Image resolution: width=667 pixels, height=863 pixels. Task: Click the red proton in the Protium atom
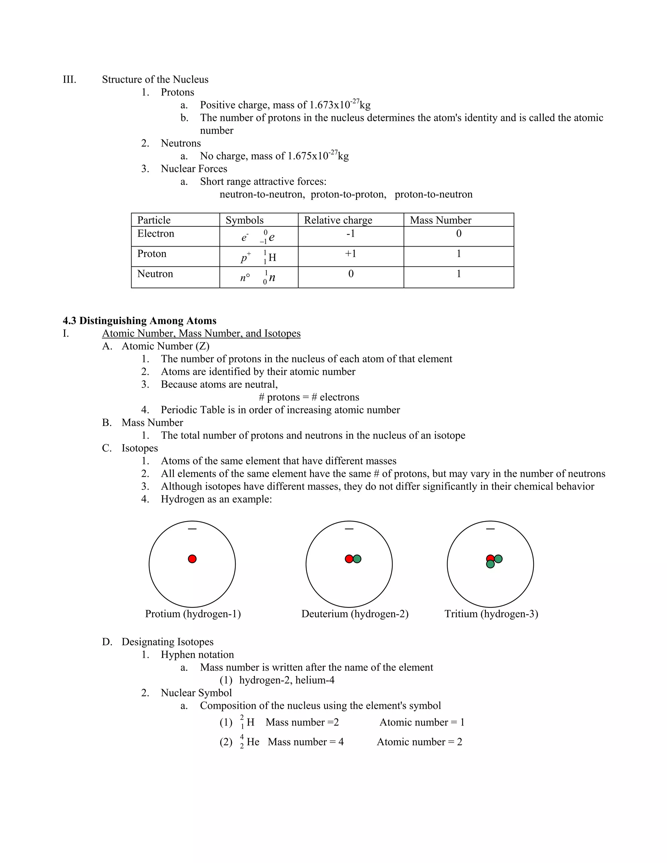(x=192, y=559)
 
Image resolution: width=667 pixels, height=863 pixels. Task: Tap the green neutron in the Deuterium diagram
(x=357, y=559)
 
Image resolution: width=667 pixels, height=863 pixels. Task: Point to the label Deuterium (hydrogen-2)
(x=354, y=614)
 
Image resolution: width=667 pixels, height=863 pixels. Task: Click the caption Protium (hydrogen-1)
(x=193, y=614)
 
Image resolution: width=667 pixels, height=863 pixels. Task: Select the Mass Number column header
(x=440, y=220)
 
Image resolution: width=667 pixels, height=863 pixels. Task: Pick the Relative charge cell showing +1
(x=350, y=254)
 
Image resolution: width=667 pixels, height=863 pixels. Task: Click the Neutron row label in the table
(x=155, y=274)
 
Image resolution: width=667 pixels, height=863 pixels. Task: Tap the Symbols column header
(x=244, y=220)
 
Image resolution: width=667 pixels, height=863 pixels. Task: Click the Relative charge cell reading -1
(x=350, y=233)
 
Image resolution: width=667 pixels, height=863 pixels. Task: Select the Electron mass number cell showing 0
(x=458, y=233)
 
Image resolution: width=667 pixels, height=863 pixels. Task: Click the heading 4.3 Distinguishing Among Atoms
(x=139, y=320)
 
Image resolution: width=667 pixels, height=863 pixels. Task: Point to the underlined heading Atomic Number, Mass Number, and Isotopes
(x=201, y=333)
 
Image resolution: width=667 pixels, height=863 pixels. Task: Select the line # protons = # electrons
(x=309, y=397)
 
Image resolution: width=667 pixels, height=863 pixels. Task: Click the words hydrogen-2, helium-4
(x=287, y=680)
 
